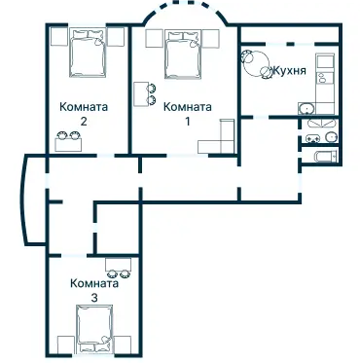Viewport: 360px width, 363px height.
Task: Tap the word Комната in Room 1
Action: point(187,107)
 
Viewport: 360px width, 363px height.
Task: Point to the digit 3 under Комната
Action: point(93,297)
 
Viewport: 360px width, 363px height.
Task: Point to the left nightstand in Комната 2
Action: point(56,41)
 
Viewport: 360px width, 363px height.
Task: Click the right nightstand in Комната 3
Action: point(126,342)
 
